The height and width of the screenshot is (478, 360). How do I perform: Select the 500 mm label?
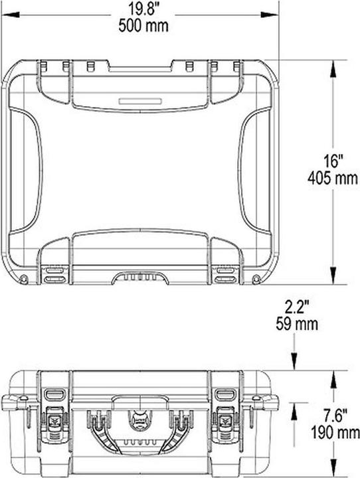pos(143,26)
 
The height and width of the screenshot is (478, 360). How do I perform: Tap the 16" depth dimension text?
pos(332,162)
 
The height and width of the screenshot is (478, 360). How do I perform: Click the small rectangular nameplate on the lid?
pos(139,101)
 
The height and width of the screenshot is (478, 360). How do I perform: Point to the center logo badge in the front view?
pos(139,420)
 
